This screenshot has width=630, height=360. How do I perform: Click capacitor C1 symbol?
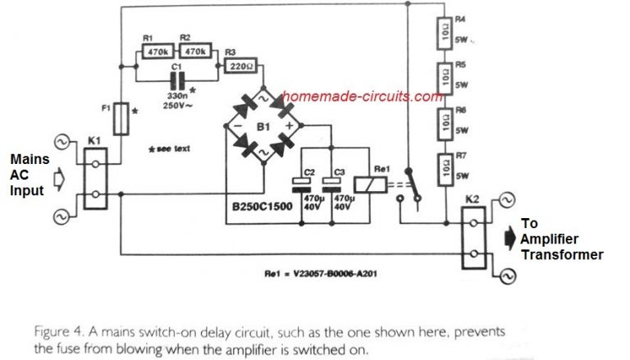[175, 80]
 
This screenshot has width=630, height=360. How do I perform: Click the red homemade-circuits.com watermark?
[359, 96]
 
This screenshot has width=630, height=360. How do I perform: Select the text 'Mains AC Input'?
[27, 174]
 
